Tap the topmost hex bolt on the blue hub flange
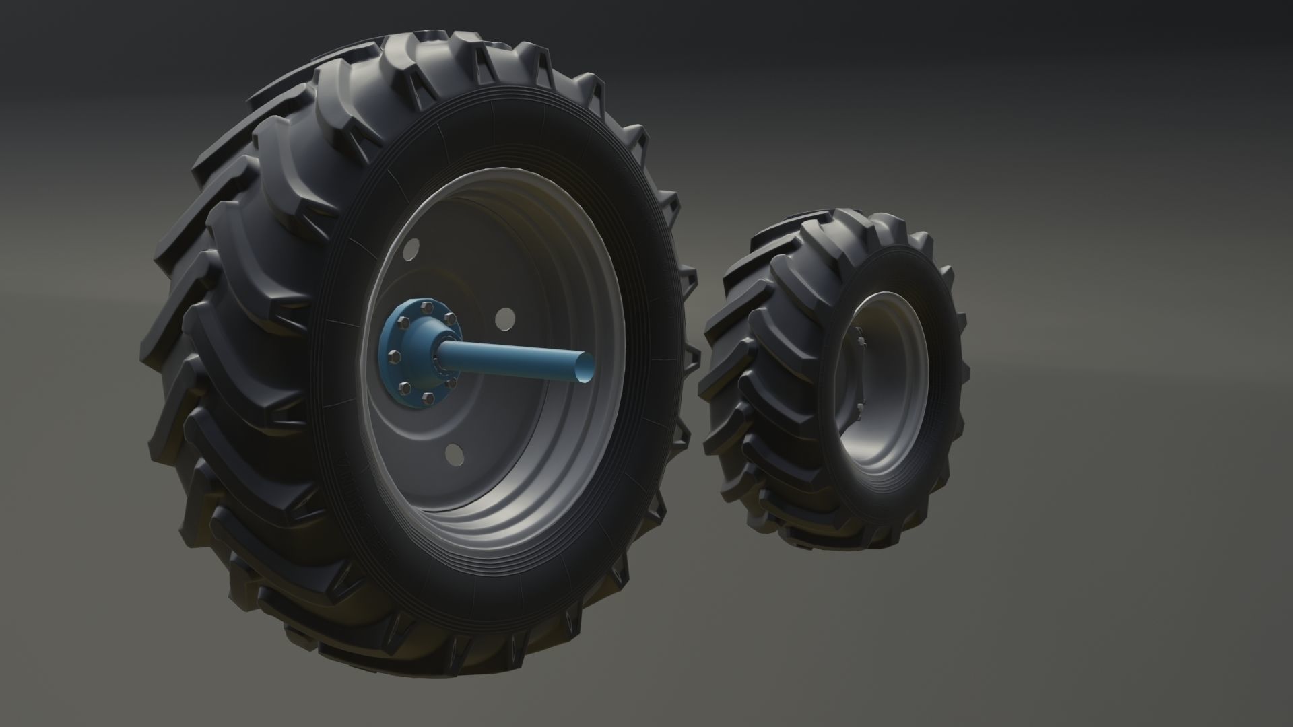click(x=426, y=306)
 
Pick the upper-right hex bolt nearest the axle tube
click(x=449, y=324)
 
